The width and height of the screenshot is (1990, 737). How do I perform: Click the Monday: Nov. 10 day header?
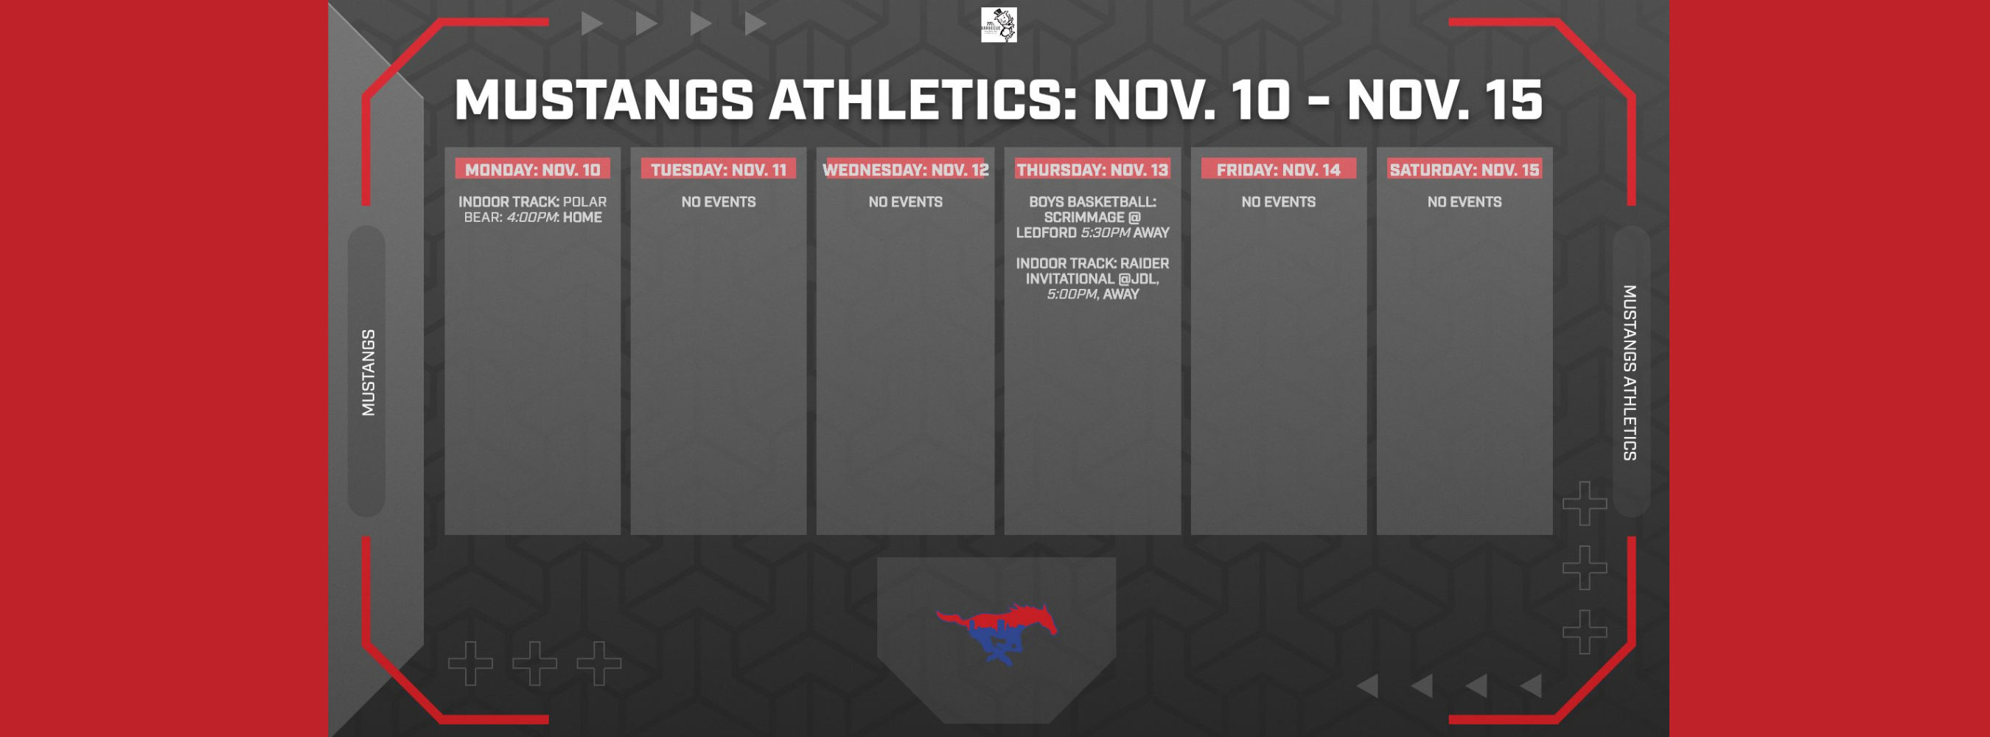pos(532,170)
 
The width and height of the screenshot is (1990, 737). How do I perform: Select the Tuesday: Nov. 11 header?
pos(719,170)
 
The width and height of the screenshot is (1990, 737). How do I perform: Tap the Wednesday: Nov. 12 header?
pos(905,170)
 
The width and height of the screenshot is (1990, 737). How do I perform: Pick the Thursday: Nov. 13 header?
pos(1092,170)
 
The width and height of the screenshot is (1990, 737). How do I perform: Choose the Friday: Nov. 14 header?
pos(1279,170)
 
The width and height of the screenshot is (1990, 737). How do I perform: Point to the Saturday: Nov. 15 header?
pos(1464,170)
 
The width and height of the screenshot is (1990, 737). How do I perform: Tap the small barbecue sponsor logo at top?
pos(998,25)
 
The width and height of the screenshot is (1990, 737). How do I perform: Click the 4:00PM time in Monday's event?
pos(531,218)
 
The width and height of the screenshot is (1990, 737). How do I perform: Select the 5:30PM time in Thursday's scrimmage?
pos(1105,233)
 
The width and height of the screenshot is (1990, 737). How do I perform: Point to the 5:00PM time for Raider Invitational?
pos(1072,294)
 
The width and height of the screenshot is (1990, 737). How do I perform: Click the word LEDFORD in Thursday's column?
pos(1046,233)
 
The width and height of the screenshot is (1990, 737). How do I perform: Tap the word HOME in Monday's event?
pos(582,218)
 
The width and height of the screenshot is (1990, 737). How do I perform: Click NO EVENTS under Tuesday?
pos(719,203)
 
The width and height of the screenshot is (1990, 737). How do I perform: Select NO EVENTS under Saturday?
pos(1464,203)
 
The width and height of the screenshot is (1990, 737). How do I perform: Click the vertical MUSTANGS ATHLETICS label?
pos(1630,372)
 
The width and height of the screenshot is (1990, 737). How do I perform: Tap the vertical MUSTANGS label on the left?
pos(369,372)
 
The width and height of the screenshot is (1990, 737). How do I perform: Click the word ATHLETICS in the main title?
pos(924,100)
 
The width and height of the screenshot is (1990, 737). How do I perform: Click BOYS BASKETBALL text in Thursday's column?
pos(1092,203)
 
